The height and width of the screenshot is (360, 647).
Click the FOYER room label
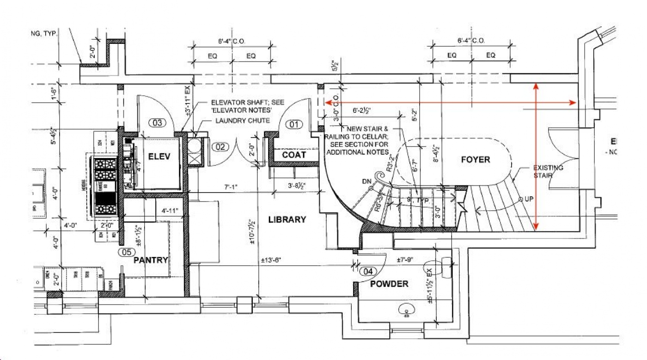475,159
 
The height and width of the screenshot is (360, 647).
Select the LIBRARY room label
287,220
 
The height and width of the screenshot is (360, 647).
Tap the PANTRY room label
151,260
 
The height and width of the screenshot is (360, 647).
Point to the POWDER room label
389,284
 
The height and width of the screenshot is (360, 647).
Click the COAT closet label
294,155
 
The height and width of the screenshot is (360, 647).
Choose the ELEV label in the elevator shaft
159,157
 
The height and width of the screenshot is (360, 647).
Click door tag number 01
294,124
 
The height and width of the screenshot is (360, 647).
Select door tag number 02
220,147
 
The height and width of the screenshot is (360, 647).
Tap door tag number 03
157,123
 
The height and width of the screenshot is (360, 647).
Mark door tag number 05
126,252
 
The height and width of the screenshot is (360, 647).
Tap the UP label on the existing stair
530,199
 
